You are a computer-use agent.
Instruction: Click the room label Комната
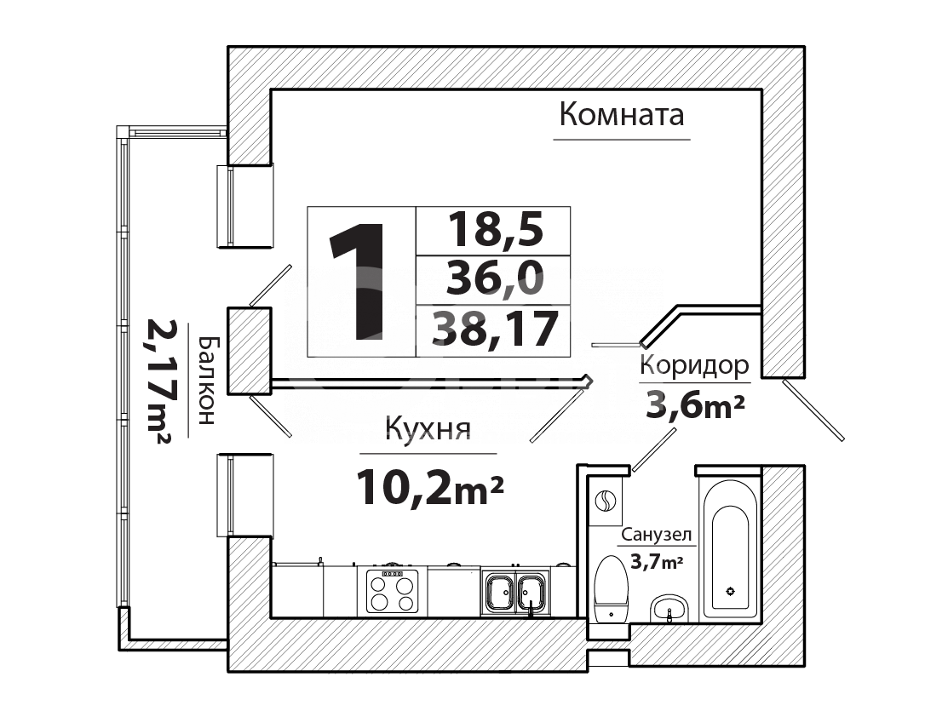coord(622,114)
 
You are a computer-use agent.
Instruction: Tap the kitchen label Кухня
coord(428,429)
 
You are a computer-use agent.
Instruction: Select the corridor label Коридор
coord(694,366)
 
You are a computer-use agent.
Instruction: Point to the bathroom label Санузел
coord(656,535)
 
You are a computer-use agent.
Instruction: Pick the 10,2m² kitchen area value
coord(430,487)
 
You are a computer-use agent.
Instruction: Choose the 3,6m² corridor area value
coord(695,404)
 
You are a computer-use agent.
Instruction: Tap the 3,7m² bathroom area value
coord(657,562)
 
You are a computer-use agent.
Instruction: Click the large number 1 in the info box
coord(358,281)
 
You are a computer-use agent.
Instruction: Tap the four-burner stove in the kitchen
coord(393,591)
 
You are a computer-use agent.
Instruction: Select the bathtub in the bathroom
coord(730,549)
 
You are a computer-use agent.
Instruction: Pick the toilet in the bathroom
coord(612,588)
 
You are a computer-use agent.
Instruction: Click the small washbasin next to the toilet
coord(669,608)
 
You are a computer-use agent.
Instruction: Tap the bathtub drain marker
coord(730,591)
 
